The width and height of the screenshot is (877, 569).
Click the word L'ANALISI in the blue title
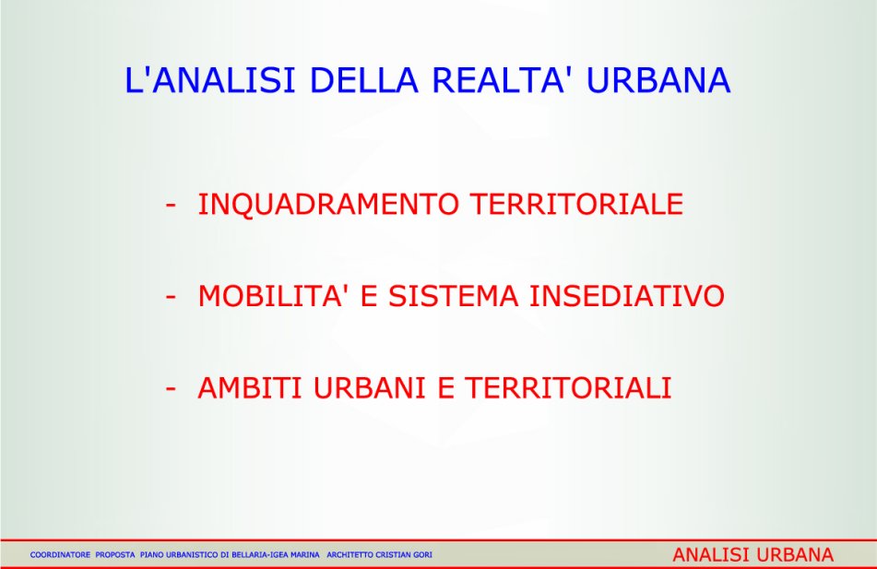click(209, 80)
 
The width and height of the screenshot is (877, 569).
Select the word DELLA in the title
click(363, 80)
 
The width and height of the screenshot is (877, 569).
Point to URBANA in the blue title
click(658, 80)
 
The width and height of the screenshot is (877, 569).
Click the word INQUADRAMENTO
click(328, 204)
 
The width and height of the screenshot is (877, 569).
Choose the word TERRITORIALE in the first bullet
click(576, 204)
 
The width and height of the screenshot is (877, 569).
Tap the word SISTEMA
click(454, 296)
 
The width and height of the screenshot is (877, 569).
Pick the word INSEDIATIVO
click(627, 296)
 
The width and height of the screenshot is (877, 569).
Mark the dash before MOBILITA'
click(171, 297)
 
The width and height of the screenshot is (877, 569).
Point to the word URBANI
click(369, 388)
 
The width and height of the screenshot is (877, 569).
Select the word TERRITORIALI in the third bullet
click(568, 388)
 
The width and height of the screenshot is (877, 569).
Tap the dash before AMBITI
click(171, 389)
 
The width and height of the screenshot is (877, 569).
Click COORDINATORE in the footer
click(61, 555)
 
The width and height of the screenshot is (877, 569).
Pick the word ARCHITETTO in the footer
click(350, 555)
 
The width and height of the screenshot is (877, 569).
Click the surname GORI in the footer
click(422, 555)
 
